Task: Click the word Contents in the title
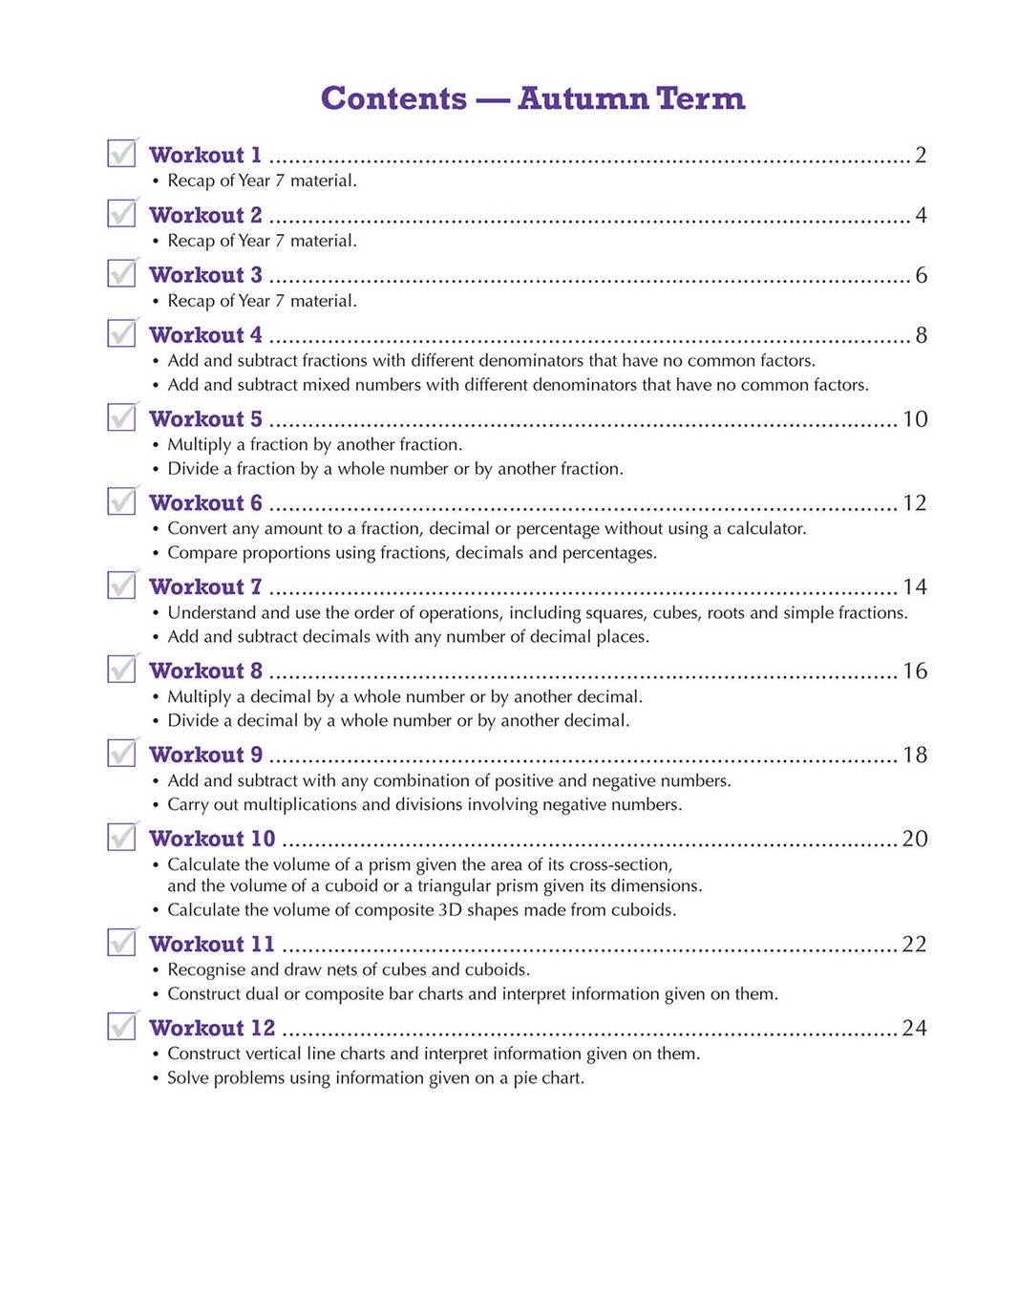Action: pyautogui.click(x=393, y=98)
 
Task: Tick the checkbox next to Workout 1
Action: pyautogui.click(x=121, y=153)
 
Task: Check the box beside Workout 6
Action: pyautogui.click(x=121, y=500)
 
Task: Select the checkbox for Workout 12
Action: pyautogui.click(x=121, y=1026)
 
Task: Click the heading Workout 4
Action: pyautogui.click(x=205, y=335)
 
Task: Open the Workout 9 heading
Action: pyautogui.click(x=205, y=755)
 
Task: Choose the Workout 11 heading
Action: pyautogui.click(x=212, y=944)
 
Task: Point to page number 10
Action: pyautogui.click(x=915, y=419)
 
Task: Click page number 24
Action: pyautogui.click(x=915, y=1028)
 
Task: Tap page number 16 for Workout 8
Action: pyautogui.click(x=915, y=671)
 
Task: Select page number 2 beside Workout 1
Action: pyautogui.click(x=921, y=155)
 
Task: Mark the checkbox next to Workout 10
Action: pyautogui.click(x=121, y=837)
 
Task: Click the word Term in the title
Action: pyautogui.click(x=701, y=98)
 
